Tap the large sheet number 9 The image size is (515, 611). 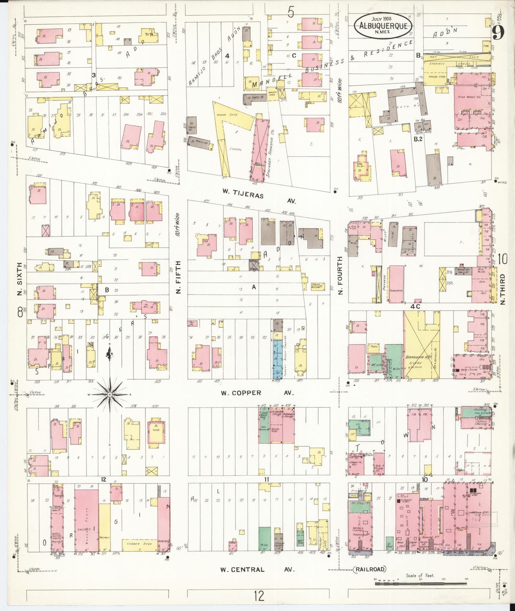[498, 34]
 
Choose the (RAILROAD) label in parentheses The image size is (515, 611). [371, 569]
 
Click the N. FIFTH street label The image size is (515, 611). [178, 277]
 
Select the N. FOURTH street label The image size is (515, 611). [340, 276]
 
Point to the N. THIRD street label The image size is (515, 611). [503, 289]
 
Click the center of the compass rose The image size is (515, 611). [110, 395]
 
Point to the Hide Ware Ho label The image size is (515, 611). [468, 97]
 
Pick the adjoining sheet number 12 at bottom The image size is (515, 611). [259, 596]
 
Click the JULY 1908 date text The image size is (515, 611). [382, 19]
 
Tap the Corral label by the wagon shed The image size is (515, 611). [235, 149]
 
